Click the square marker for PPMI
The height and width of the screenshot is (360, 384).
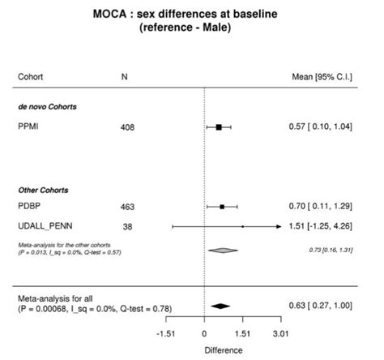pos(219,127)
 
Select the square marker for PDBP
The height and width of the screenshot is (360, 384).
pos(222,207)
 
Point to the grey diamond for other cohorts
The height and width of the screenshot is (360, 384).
pos(222,251)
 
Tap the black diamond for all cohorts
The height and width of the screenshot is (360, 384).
pos(220,306)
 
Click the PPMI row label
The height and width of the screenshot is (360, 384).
pos(30,127)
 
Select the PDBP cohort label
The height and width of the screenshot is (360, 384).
pos(30,207)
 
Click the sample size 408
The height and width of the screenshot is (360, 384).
pos(127,127)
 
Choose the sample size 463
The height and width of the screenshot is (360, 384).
pos(127,207)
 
